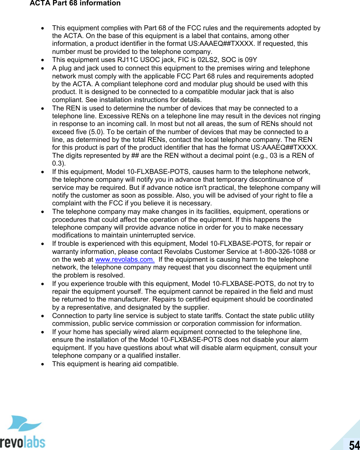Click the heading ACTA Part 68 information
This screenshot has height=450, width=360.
[75, 4]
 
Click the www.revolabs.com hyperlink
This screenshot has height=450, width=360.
[125, 260]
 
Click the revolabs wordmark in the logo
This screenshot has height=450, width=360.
[22, 442]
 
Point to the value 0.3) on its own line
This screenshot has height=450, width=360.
[59, 163]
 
